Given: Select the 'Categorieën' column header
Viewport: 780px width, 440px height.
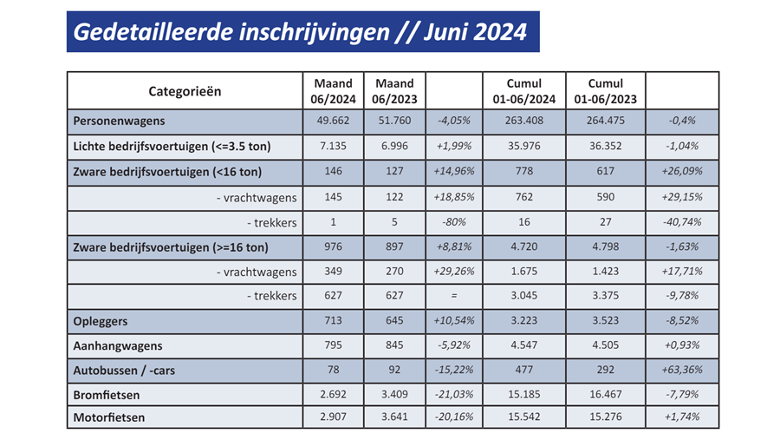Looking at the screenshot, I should (x=185, y=91).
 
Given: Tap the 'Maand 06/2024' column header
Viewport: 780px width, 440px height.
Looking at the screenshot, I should (x=333, y=91).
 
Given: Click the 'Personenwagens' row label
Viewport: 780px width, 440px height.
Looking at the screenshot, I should (x=120, y=121).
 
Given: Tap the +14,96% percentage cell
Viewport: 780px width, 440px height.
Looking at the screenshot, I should (x=454, y=172).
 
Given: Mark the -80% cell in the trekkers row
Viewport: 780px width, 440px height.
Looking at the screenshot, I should (x=454, y=222).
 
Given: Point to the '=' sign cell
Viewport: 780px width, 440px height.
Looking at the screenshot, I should (x=454, y=296).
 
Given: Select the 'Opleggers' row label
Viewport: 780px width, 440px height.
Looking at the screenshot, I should (x=101, y=321).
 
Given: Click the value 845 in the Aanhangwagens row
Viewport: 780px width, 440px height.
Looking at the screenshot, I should (x=393, y=345).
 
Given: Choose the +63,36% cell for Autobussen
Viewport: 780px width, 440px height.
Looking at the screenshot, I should (x=683, y=370).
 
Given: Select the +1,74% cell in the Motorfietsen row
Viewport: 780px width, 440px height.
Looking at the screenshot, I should (x=683, y=417).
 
